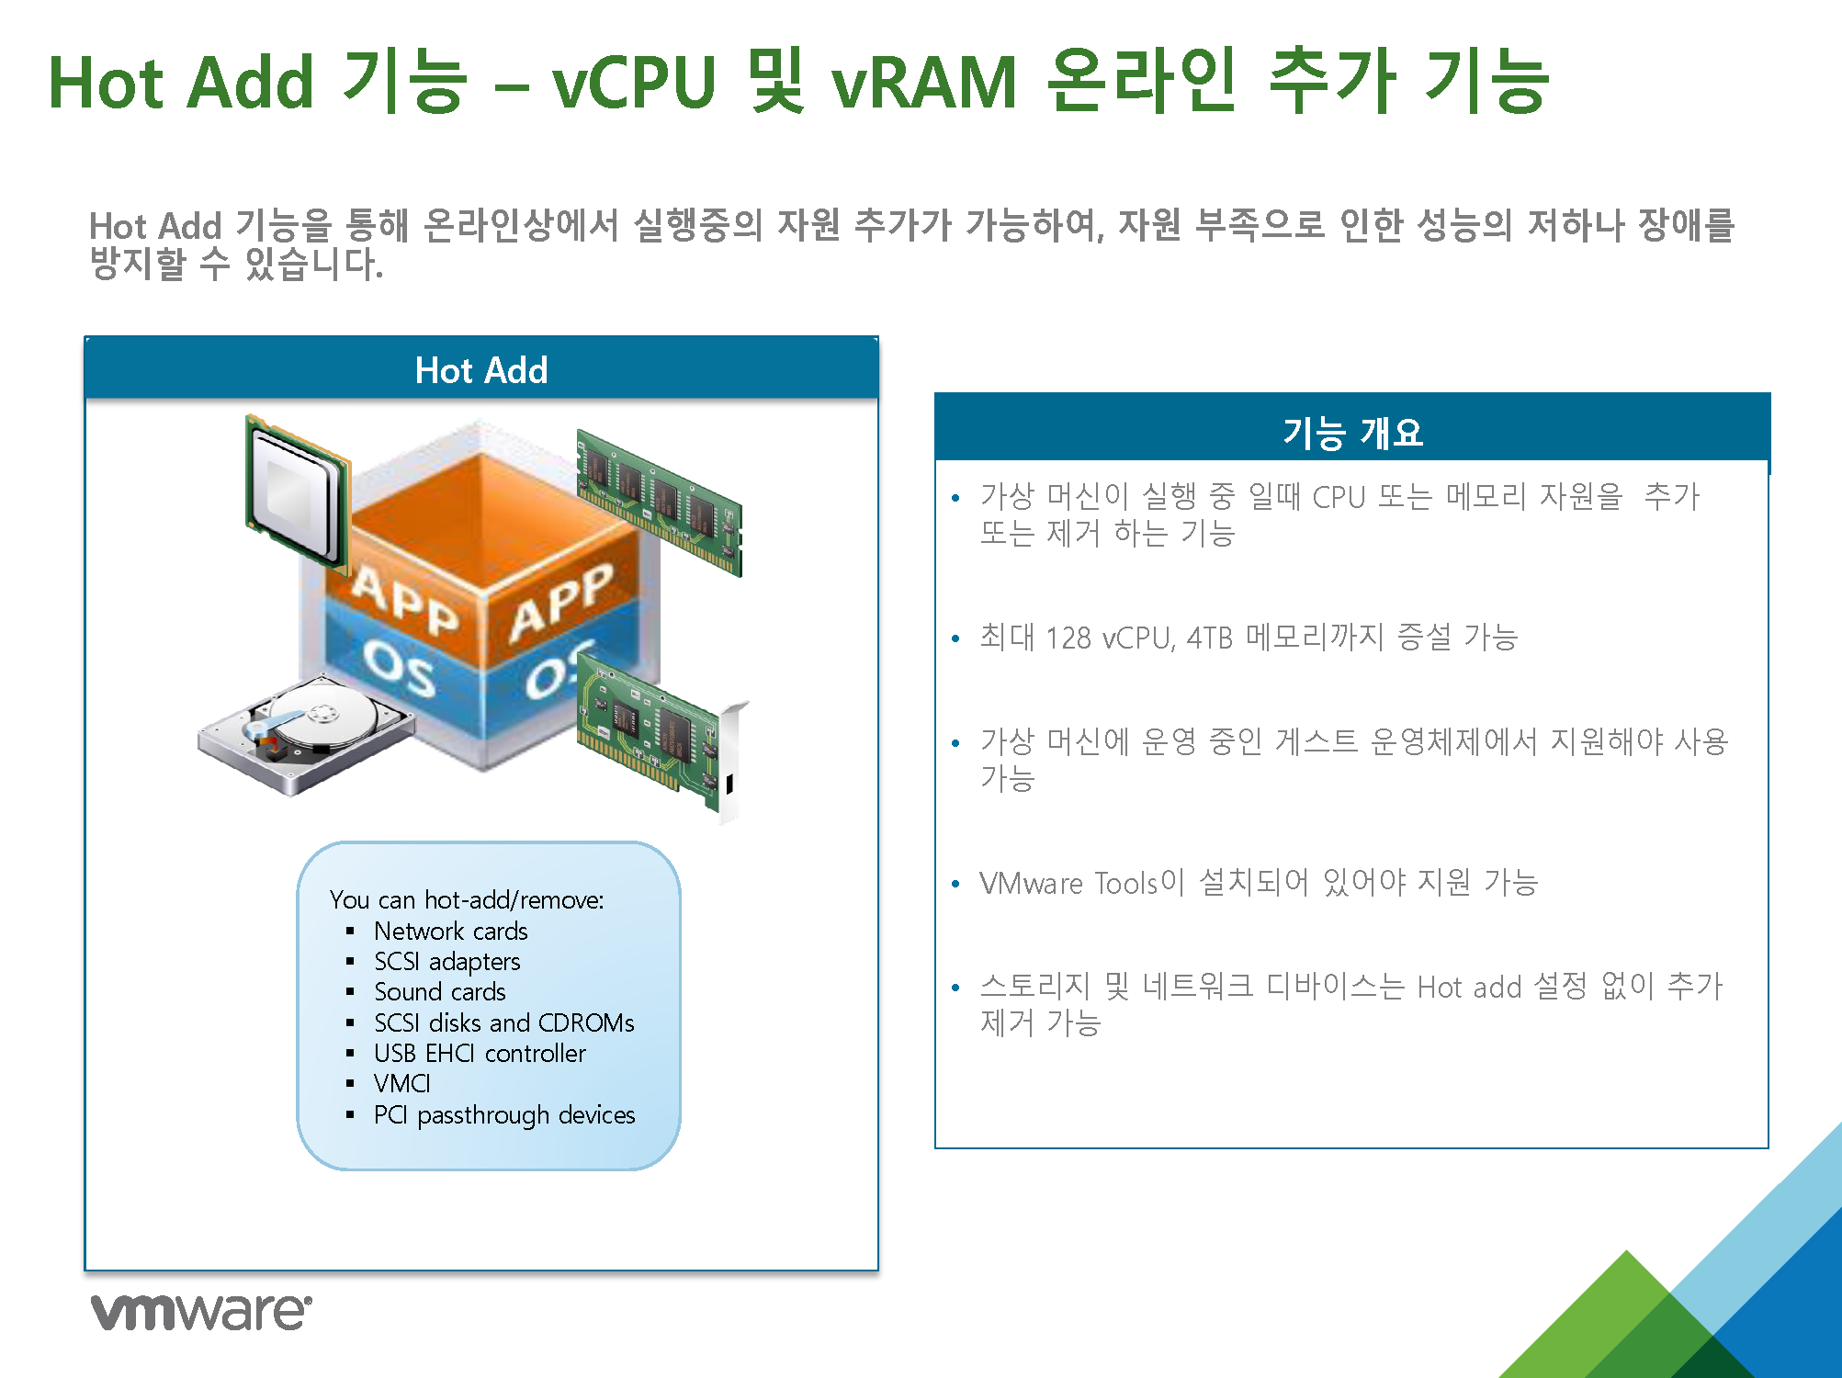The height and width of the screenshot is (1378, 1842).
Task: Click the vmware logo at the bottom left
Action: tap(201, 1311)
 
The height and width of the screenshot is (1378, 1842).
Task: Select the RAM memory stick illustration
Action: tap(659, 501)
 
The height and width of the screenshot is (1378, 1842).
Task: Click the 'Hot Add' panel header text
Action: tap(481, 370)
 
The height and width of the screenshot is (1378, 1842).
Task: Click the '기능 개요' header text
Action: tap(1352, 432)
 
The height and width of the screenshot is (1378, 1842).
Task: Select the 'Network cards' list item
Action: tap(450, 931)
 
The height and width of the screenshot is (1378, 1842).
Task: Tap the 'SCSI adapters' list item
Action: tap(446, 962)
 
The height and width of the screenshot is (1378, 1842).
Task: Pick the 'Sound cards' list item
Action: tap(439, 992)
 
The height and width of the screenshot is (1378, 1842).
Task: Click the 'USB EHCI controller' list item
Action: tap(480, 1053)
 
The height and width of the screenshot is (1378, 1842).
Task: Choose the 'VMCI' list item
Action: tap(401, 1084)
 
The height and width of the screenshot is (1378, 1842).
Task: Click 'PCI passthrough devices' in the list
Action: tap(504, 1115)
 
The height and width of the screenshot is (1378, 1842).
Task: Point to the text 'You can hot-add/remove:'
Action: tap(467, 899)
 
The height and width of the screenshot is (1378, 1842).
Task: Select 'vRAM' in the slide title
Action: tap(924, 83)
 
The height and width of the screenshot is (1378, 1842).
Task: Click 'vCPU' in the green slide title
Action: tap(634, 83)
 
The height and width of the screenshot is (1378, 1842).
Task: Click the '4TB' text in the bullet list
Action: tap(1209, 638)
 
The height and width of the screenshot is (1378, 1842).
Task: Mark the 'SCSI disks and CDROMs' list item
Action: tap(504, 1022)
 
